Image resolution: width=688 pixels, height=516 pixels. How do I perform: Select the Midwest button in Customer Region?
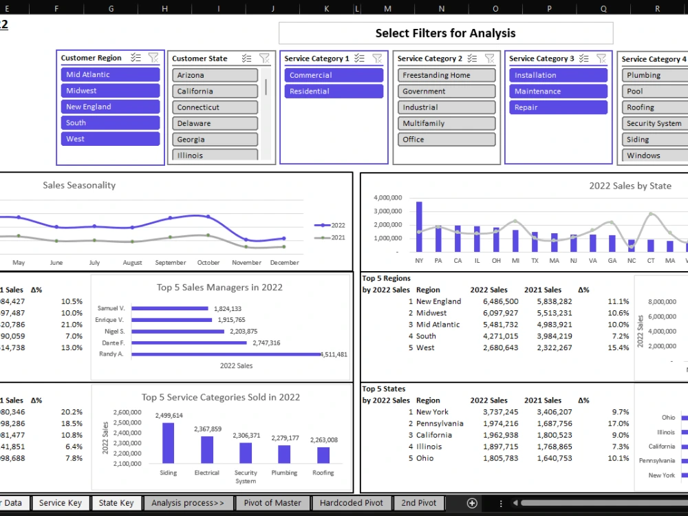pos(110,91)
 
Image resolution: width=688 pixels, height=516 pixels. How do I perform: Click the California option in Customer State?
pos(215,92)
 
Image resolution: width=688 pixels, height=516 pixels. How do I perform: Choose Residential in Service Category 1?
pos(333,92)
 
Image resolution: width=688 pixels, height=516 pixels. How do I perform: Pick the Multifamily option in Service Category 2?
pos(446,124)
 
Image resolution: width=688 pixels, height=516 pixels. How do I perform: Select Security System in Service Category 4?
pos(654,124)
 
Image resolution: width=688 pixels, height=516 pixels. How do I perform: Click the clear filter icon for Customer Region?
pos(153,58)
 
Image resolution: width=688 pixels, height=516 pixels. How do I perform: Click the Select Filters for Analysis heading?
pos(445,33)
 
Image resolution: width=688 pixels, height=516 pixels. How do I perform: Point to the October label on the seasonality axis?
pos(208,263)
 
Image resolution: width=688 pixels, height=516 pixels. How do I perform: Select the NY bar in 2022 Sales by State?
pos(419,226)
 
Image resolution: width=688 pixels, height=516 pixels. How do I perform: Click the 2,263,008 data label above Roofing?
pos(323,440)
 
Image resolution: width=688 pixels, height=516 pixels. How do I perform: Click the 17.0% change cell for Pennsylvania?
pos(599,424)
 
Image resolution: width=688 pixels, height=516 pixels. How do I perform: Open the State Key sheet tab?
pos(116,503)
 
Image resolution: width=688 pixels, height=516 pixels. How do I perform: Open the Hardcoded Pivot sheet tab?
pos(351,503)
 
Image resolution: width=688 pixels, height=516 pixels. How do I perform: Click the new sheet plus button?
pos(472,503)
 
